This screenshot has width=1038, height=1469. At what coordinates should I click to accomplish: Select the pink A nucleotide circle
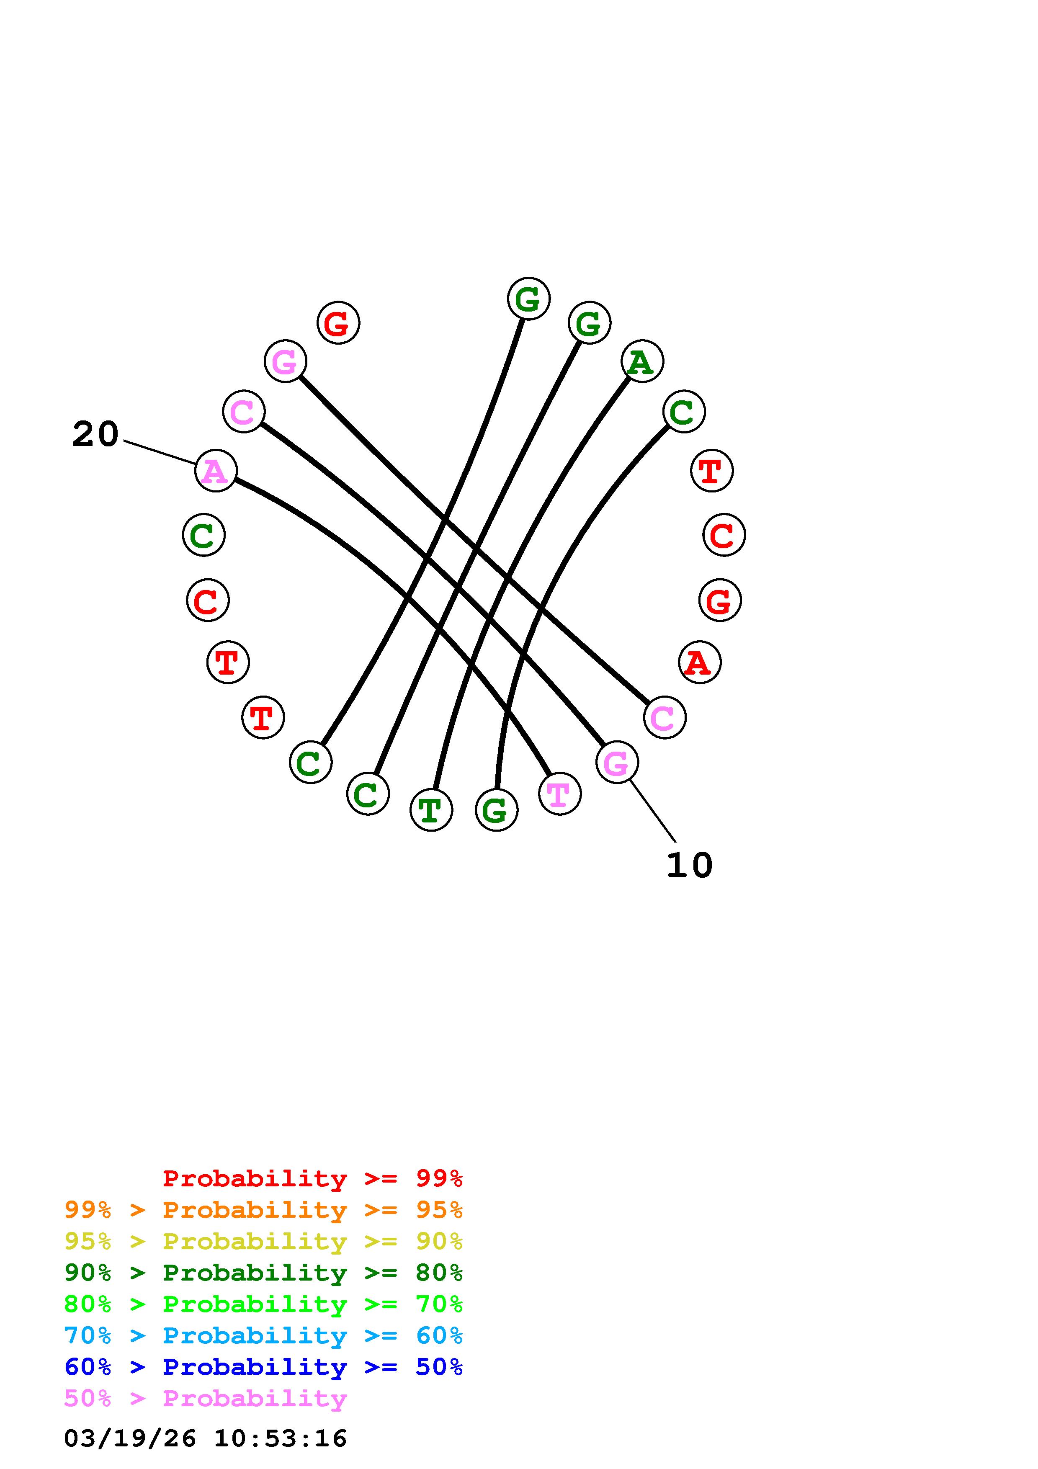216,471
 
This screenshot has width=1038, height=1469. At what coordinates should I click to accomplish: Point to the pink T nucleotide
559,794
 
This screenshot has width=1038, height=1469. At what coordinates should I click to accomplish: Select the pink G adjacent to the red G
285,361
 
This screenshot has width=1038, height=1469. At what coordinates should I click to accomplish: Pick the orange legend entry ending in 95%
263,1210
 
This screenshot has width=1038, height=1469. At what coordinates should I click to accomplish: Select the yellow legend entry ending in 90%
263,1241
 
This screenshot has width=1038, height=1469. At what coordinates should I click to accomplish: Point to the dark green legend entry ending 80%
263,1273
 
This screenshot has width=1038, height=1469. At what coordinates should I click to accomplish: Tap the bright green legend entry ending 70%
263,1304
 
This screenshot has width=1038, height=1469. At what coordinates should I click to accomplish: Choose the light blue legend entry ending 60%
263,1335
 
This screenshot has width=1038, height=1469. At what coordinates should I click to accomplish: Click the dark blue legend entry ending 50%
263,1367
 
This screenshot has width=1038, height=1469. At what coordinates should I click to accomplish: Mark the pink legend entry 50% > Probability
205,1398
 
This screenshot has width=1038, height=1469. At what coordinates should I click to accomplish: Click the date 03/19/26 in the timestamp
130,1438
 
